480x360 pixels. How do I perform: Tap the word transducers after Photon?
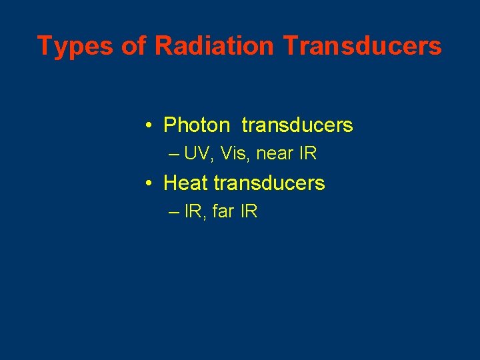pyautogui.click(x=297, y=125)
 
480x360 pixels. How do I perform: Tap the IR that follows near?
pyautogui.click(x=308, y=154)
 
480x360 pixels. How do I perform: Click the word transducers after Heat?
pyautogui.click(x=269, y=183)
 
